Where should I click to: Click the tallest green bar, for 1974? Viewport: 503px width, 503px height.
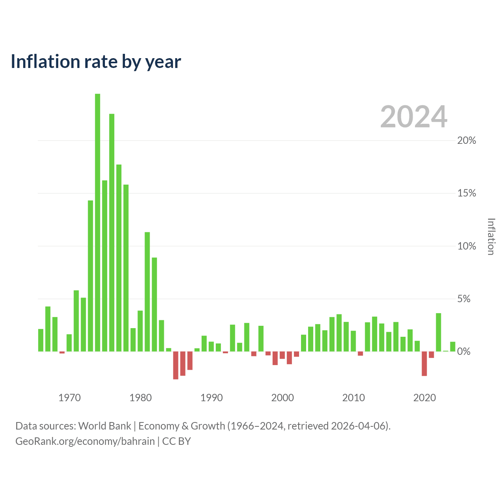[x=97, y=222]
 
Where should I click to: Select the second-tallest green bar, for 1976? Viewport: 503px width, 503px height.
[x=112, y=233]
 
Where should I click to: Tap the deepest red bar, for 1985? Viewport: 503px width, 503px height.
[x=176, y=365]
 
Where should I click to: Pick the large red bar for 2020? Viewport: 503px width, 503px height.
[x=424, y=363]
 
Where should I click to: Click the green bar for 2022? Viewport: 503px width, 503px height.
[x=439, y=332]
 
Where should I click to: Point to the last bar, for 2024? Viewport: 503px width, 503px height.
[x=453, y=347]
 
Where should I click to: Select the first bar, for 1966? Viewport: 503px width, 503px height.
[x=41, y=340]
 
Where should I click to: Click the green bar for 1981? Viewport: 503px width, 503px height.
[x=147, y=292]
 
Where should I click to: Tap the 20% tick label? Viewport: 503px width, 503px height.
[x=466, y=140]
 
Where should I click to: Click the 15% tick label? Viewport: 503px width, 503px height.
[x=466, y=193]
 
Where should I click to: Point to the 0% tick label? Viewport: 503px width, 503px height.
[x=464, y=351]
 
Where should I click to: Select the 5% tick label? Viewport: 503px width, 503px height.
[x=464, y=299]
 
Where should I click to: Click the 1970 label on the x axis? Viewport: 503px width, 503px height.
[x=70, y=398]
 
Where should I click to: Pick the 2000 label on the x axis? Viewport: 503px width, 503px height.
[x=283, y=398]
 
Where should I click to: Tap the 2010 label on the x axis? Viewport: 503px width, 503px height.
[x=353, y=398]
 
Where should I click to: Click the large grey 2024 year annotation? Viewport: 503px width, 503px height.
[x=414, y=116]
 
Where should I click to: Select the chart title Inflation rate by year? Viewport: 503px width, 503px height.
[x=96, y=62]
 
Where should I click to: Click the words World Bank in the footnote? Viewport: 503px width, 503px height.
[x=105, y=426]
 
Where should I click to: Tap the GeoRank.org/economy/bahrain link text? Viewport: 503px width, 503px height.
[x=85, y=441]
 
